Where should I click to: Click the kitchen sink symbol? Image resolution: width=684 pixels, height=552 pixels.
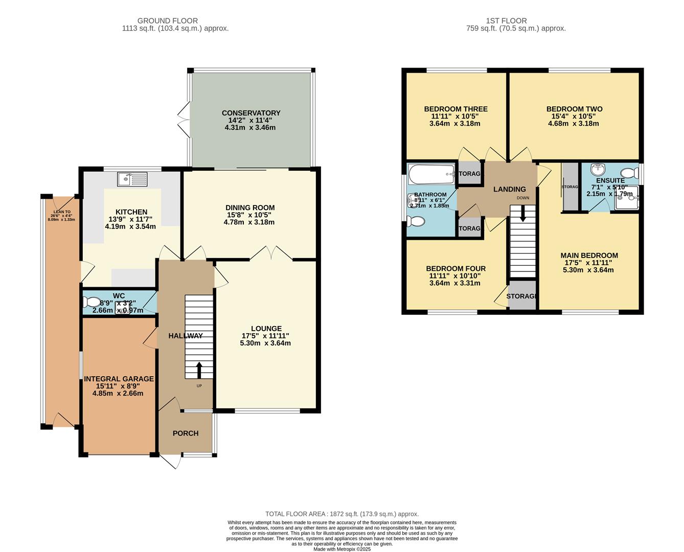pyautogui.click(x=132, y=179)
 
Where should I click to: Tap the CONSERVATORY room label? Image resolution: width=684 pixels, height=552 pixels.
pyautogui.click(x=250, y=113)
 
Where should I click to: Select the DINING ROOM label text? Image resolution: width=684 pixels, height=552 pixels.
pyautogui.click(x=250, y=208)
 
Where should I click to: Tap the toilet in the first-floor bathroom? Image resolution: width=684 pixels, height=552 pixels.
pyautogui.click(x=416, y=221)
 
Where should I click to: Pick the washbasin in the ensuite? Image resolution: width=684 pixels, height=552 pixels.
pyautogui.click(x=597, y=169)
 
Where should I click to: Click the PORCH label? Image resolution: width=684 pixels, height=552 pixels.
pyautogui.click(x=186, y=433)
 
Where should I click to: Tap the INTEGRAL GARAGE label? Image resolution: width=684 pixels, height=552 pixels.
pyautogui.click(x=119, y=379)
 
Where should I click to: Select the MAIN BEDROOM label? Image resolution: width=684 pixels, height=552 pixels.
pyautogui.click(x=589, y=256)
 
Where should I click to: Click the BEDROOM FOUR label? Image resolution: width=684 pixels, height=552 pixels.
pyautogui.click(x=455, y=268)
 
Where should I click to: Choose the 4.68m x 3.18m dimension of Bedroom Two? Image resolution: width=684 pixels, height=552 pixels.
pyautogui.click(x=574, y=123)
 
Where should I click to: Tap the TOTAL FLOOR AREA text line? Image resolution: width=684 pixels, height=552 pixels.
pyautogui.click(x=341, y=514)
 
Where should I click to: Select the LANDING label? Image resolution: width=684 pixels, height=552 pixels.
pyautogui.click(x=509, y=189)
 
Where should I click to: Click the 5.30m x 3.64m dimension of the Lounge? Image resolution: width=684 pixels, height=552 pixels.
pyautogui.click(x=265, y=343)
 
